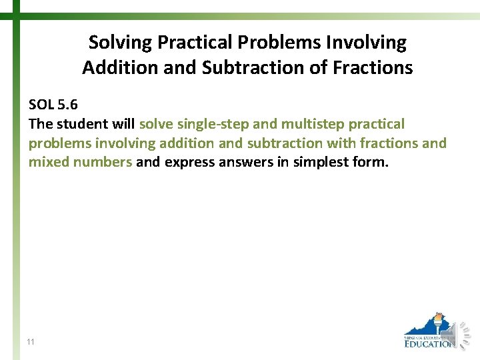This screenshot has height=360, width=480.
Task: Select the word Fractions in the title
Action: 379,67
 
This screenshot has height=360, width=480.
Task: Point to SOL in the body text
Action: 42,105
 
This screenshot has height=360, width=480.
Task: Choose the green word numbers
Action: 103,162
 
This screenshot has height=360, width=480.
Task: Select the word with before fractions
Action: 341,143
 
